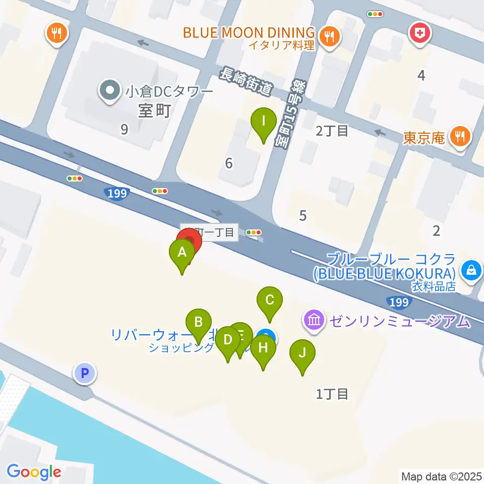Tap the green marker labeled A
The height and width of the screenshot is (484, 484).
pos(183,253)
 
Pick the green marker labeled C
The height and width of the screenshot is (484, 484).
pos(269,300)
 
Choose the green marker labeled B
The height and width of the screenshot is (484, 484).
pos(199,322)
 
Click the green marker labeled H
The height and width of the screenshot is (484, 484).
pos(263,348)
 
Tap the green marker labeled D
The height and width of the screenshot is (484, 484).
pos(227,340)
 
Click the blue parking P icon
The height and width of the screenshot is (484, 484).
pos(84,373)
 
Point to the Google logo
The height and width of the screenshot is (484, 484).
pos(34,472)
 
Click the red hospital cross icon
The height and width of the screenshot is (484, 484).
pos(418,33)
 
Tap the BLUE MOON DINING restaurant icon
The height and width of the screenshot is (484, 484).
pos(330,35)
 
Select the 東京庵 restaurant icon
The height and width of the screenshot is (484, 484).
pos(460,136)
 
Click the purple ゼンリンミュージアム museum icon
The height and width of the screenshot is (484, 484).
pos(315,320)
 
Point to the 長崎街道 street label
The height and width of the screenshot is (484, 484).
pos(246,83)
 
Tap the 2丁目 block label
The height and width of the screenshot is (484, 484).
pos(332,131)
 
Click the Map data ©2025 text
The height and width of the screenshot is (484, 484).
pos(441,476)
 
